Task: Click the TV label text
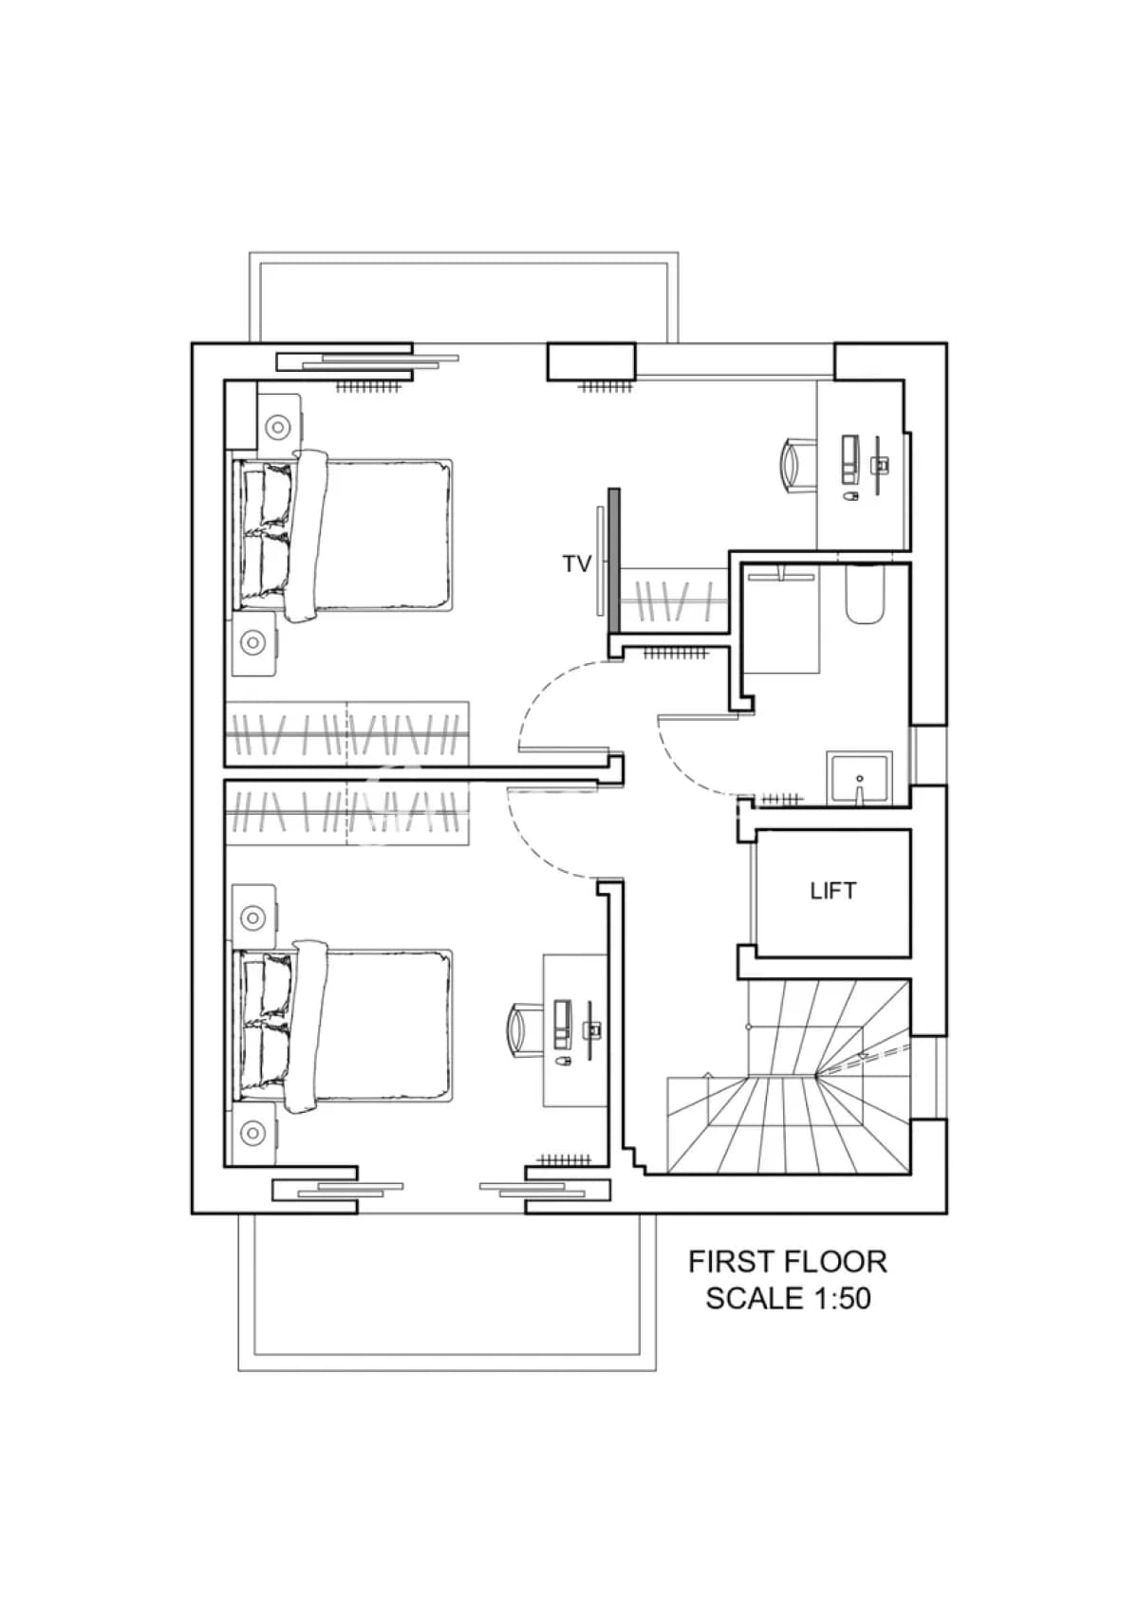click(576, 565)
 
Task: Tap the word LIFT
click(832, 891)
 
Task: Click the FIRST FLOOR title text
click(788, 1262)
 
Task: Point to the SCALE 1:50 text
click(788, 1298)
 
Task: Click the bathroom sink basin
click(859, 779)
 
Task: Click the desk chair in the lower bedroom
click(525, 1030)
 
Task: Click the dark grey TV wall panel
click(614, 561)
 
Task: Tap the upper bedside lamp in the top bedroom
click(277, 427)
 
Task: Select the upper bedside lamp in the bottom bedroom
click(252, 917)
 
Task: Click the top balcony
click(463, 298)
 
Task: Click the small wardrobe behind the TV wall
click(674, 600)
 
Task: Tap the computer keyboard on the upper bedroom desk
click(850, 458)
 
